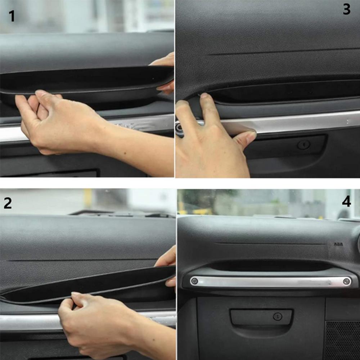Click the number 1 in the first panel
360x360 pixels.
point(12,16)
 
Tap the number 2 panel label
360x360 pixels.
point(8,203)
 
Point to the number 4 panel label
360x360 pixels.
point(346,202)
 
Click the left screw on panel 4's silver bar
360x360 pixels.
point(194,281)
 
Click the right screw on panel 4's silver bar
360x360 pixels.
point(346,281)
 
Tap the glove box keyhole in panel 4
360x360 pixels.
point(277,316)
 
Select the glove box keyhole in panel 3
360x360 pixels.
point(303,145)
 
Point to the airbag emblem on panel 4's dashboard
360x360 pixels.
point(338,244)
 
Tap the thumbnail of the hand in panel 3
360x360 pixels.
point(250,136)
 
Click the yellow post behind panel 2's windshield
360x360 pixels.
point(88,198)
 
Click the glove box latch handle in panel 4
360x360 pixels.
point(261,317)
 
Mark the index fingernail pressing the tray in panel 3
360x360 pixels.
point(204,96)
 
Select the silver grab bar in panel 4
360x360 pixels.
point(270,282)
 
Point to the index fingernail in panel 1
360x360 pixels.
point(40,93)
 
